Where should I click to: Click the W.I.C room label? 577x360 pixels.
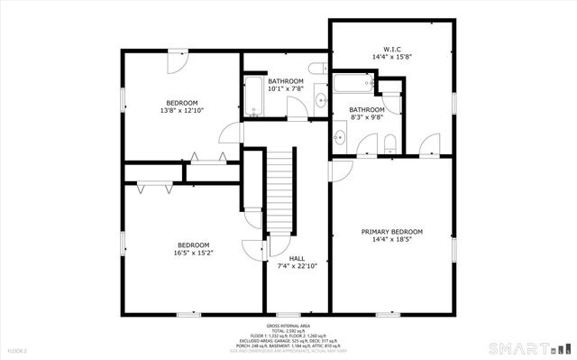pos(391,50)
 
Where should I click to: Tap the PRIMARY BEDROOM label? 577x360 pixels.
pos(391,231)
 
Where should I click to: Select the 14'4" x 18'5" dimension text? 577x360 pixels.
pos(391,240)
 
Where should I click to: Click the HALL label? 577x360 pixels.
pos(284,258)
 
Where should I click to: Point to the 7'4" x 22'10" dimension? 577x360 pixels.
pos(284,266)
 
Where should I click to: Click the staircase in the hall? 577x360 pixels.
pos(283,190)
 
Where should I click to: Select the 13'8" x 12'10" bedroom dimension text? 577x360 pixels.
pos(181,111)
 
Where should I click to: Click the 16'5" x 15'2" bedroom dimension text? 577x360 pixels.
pos(193,254)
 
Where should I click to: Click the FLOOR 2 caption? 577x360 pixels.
pos(18,350)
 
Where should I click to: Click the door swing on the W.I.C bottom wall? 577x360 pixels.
pos(429,144)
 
